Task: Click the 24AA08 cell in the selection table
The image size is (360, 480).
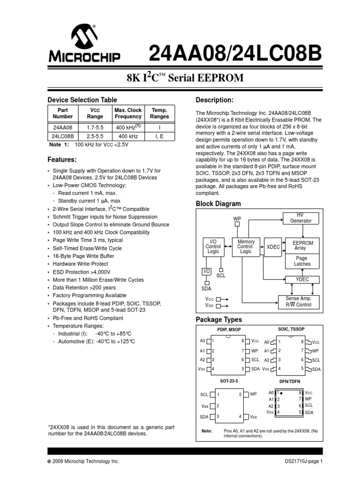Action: (x=63, y=127)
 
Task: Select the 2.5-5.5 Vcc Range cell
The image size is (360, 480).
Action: (x=96, y=136)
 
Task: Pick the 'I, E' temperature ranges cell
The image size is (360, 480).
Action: (x=159, y=136)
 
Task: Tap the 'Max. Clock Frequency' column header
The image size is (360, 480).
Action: (x=128, y=113)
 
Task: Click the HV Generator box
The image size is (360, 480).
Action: (x=300, y=218)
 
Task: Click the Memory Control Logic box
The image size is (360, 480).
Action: (x=246, y=247)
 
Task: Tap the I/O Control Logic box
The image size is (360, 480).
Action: (x=213, y=247)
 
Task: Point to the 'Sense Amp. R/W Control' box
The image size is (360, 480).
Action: (x=301, y=301)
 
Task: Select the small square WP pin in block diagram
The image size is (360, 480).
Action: (x=237, y=224)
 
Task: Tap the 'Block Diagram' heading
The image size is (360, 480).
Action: (x=218, y=204)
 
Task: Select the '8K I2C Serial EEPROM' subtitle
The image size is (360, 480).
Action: (x=180, y=78)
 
